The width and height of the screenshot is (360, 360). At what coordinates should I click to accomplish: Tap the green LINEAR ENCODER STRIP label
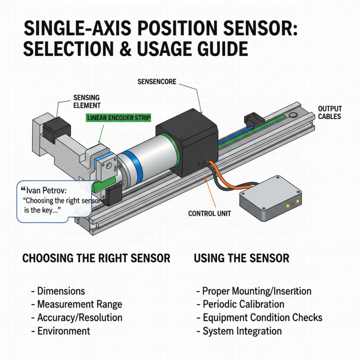click(x=118, y=118)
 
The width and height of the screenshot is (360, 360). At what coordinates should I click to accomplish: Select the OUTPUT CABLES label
click(x=330, y=112)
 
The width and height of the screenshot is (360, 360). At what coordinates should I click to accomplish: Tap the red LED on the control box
click(x=292, y=204)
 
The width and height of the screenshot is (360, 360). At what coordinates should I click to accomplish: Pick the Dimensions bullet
click(x=61, y=291)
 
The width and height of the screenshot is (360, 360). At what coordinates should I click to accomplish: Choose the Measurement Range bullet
click(x=79, y=304)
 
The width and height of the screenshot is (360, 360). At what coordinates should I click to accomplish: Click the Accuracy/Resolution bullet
click(x=80, y=317)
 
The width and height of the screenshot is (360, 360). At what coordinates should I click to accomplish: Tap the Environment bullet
click(x=63, y=331)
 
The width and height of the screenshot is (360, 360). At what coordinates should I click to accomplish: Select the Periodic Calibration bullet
click(x=243, y=304)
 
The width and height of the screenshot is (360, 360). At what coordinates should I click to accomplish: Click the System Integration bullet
click(x=242, y=331)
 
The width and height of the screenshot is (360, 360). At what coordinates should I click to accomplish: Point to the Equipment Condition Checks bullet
click(x=262, y=317)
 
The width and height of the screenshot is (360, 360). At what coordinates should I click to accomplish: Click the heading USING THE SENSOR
click(x=241, y=258)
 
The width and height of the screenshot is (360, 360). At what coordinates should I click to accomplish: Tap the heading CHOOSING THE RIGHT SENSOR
click(x=96, y=258)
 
